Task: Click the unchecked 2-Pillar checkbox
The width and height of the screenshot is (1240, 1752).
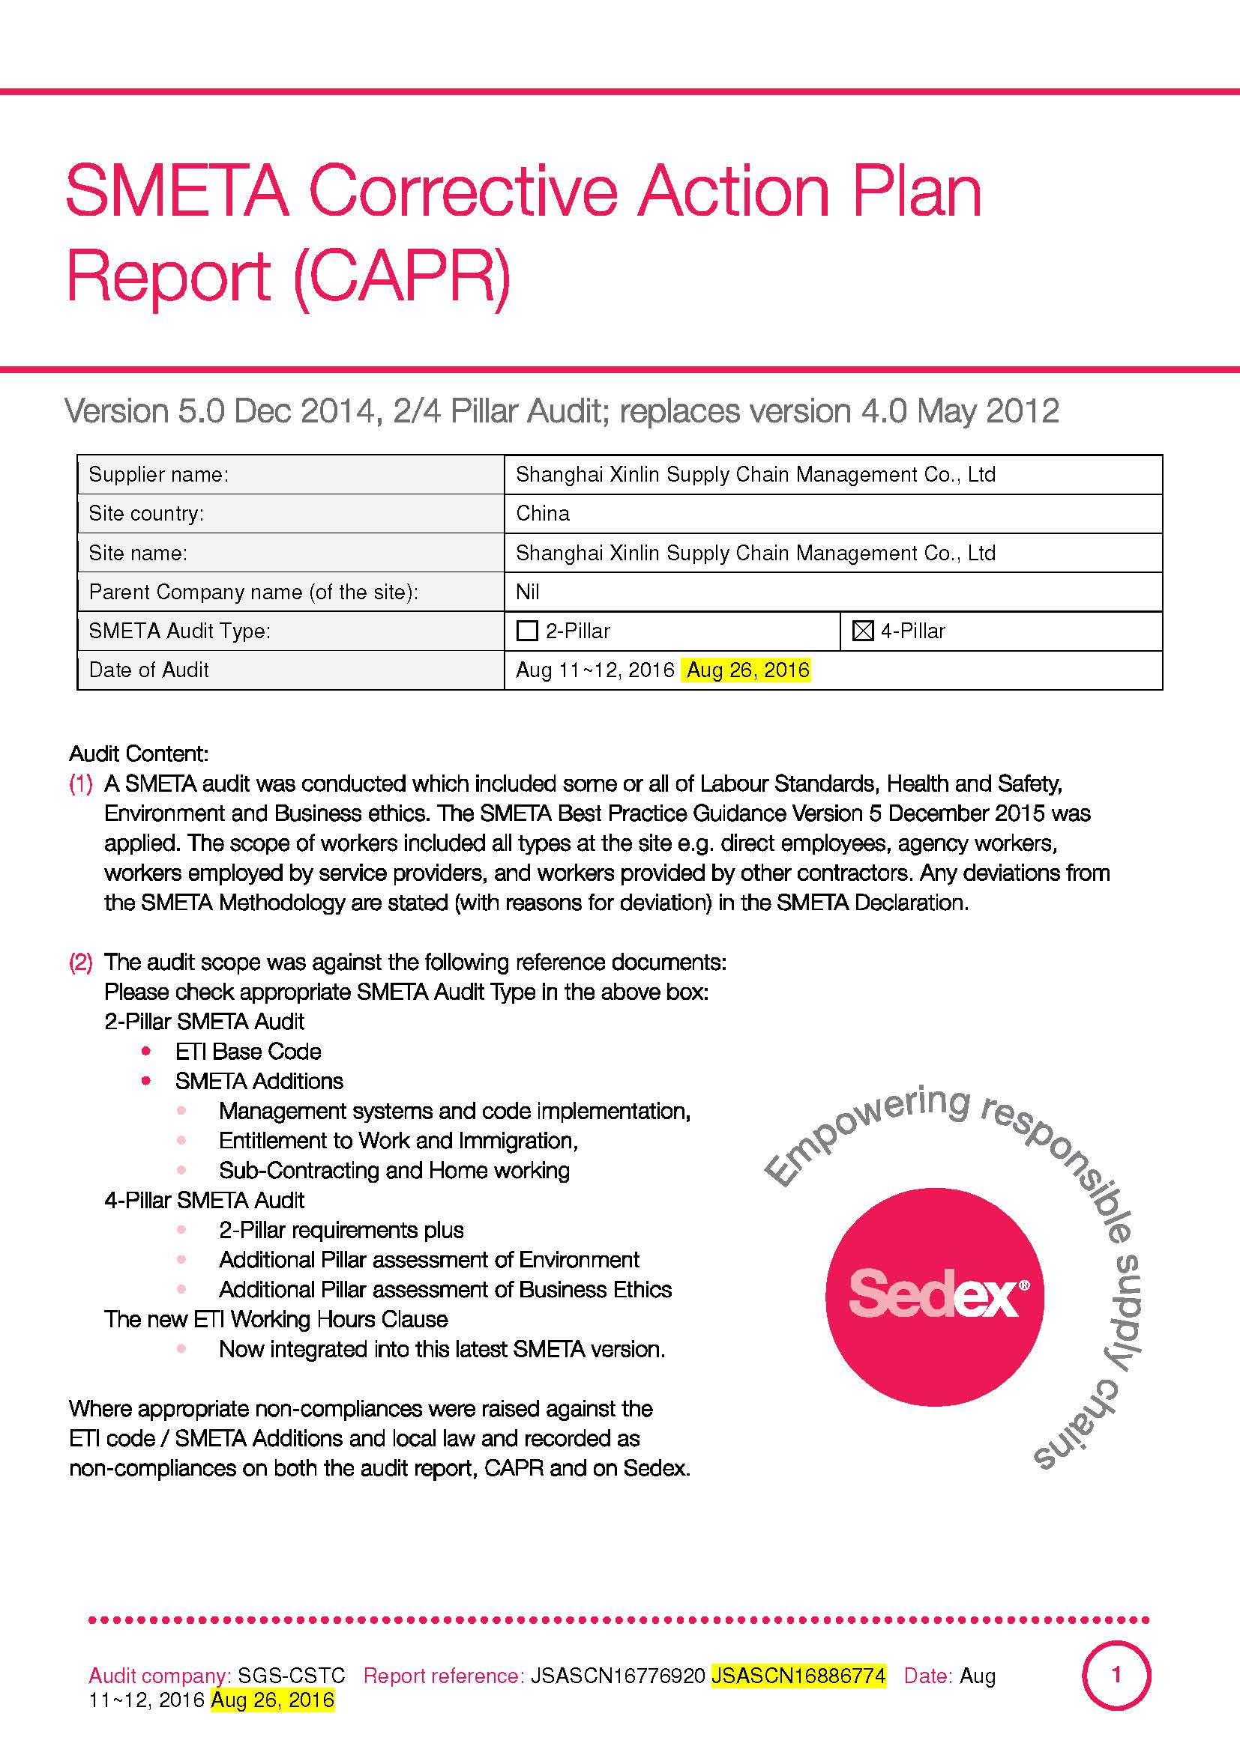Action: pyautogui.click(x=528, y=631)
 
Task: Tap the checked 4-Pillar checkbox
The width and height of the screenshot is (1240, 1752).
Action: pyautogui.click(x=862, y=631)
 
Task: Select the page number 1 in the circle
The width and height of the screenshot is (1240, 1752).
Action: pyautogui.click(x=1116, y=1675)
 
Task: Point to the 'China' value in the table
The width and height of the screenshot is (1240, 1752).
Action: pyautogui.click(x=542, y=514)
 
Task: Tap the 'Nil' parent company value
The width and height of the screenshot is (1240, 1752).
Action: pyautogui.click(x=528, y=592)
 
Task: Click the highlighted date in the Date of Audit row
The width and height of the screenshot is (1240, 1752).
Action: pyautogui.click(x=747, y=670)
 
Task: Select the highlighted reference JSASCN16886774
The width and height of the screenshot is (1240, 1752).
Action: pyautogui.click(x=798, y=1676)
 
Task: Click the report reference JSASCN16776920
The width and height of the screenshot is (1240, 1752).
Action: pyautogui.click(x=617, y=1676)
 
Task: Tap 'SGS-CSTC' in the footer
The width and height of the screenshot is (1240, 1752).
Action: pyautogui.click(x=291, y=1676)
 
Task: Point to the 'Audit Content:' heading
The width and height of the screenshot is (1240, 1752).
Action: pyautogui.click(x=138, y=754)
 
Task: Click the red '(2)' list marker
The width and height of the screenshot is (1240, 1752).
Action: pyautogui.click(x=81, y=963)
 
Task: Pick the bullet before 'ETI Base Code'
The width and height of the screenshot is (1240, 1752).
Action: pyautogui.click(x=146, y=1052)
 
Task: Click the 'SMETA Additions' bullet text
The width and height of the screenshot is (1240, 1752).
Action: pyautogui.click(x=259, y=1082)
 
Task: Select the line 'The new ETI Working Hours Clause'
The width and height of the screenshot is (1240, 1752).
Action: pyautogui.click(x=276, y=1319)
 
